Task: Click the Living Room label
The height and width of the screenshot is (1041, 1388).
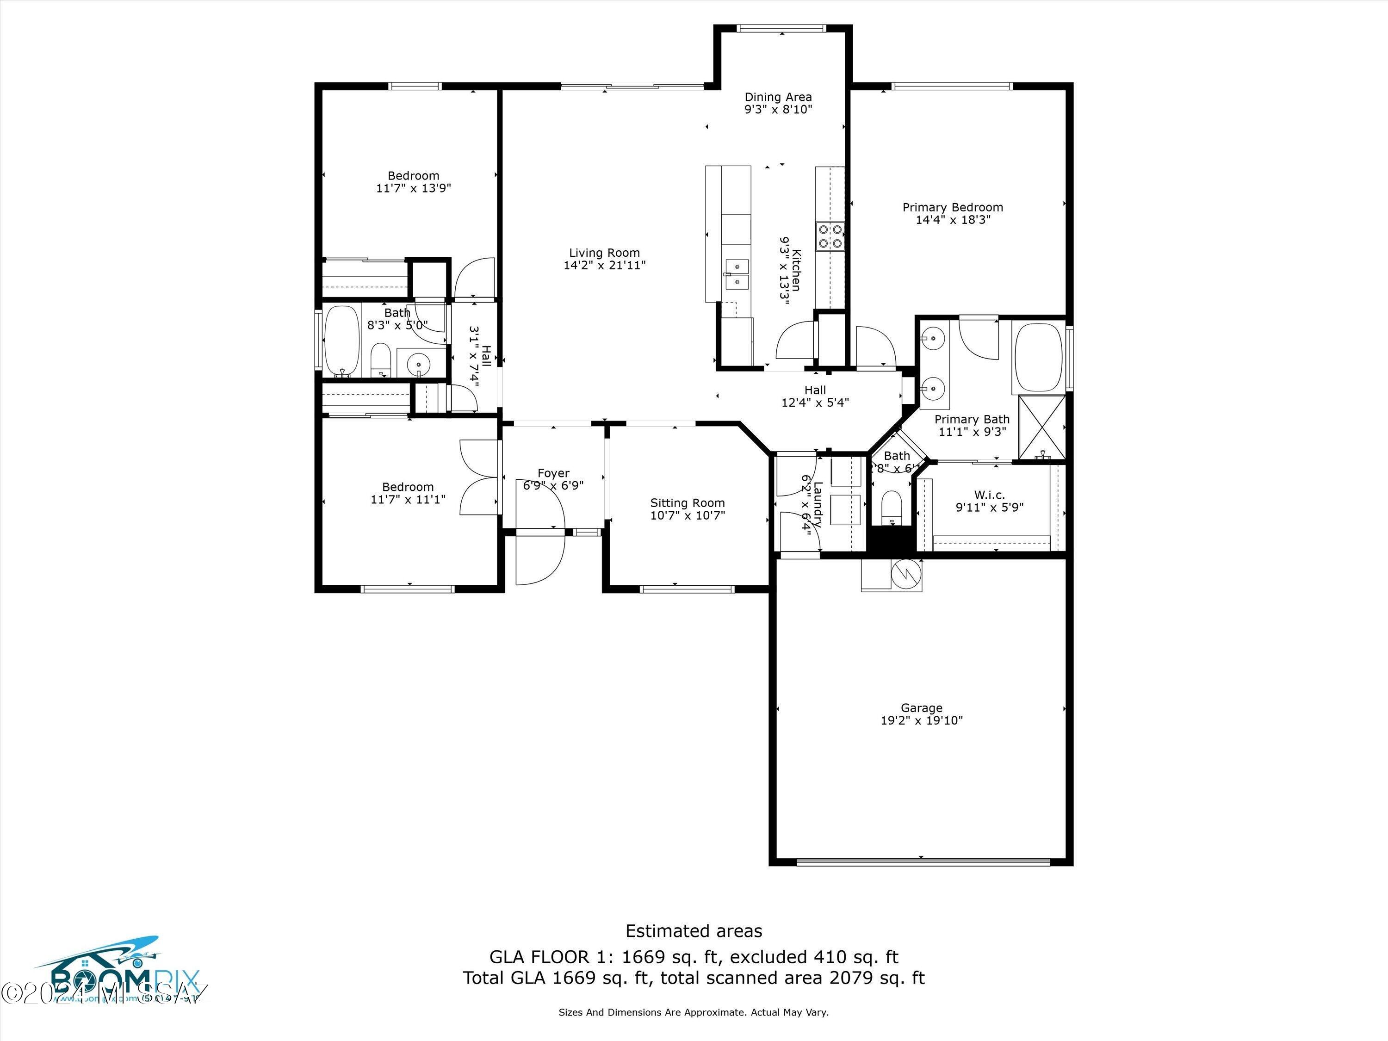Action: click(x=604, y=253)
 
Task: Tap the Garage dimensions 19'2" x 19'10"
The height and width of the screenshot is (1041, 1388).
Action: click(x=921, y=720)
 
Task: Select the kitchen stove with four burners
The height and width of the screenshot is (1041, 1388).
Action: click(x=830, y=236)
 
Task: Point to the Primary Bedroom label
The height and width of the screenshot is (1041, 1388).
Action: click(x=952, y=207)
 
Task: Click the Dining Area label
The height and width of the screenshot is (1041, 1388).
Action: click(x=777, y=97)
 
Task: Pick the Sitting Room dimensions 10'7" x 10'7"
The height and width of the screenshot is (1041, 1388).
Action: click(x=687, y=515)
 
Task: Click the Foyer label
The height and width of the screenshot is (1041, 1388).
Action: click(x=553, y=473)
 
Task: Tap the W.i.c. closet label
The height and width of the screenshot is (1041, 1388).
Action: click(x=989, y=495)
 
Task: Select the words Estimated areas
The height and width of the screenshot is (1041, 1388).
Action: click(x=694, y=930)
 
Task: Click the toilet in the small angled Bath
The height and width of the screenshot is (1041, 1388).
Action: click(x=891, y=506)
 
